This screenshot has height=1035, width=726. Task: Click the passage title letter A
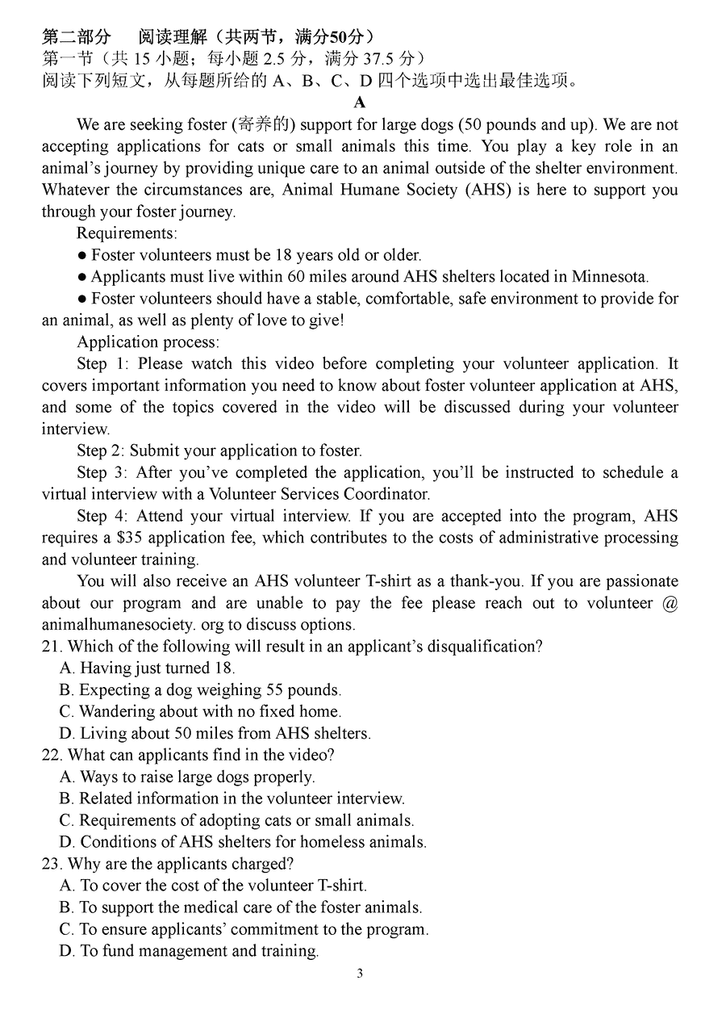click(x=360, y=103)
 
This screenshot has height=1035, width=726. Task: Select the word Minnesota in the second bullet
click(x=609, y=277)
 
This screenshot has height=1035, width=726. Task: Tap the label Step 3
click(x=103, y=472)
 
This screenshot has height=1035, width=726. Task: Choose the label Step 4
click(x=103, y=516)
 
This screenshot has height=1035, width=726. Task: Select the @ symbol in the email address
click(x=670, y=603)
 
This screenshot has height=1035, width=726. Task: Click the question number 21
click(x=51, y=647)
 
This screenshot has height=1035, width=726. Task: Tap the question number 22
click(x=51, y=756)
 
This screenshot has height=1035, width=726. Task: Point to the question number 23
click(x=51, y=865)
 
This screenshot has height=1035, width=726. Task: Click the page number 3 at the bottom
click(x=360, y=974)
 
